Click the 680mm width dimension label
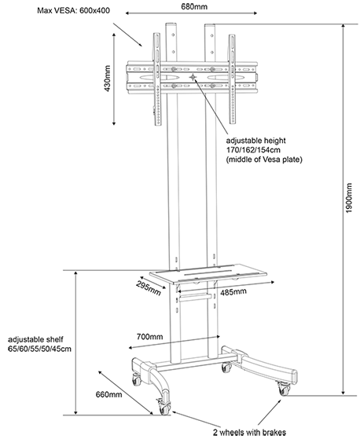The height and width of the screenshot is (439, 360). [x=194, y=6]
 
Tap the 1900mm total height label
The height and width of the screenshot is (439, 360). [x=348, y=198]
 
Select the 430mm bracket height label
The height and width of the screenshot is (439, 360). [x=107, y=79]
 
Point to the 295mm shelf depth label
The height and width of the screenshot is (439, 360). [x=149, y=287]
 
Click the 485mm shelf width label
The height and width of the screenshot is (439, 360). [x=233, y=291]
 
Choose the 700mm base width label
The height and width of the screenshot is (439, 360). [x=149, y=336]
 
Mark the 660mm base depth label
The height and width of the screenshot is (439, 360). [x=108, y=394]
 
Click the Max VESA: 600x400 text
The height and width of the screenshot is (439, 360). [x=74, y=11]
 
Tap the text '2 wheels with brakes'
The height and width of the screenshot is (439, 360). [x=249, y=432]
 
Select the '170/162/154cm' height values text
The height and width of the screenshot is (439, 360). [x=253, y=150]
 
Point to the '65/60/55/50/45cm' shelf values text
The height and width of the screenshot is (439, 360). [x=39, y=349]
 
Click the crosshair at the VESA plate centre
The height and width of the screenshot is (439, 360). [x=193, y=77]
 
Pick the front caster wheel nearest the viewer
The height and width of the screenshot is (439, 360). [x=163, y=408]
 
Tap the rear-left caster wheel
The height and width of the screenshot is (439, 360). [x=137, y=380]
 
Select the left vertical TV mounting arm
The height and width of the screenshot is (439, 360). [x=157, y=79]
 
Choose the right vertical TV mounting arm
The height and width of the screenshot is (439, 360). [x=232, y=79]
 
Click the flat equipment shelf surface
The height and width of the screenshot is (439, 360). [x=208, y=273]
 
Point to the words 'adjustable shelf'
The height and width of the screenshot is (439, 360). [x=35, y=339]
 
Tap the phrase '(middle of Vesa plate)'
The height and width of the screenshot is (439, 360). [x=264, y=159]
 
